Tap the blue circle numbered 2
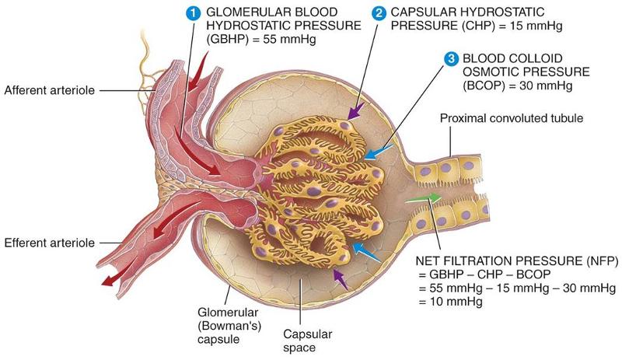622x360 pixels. (x=379, y=12)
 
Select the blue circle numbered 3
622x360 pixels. (x=450, y=58)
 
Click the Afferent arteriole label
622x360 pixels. (x=49, y=91)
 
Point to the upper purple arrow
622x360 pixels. (x=354, y=114)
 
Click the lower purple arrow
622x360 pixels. (x=337, y=277)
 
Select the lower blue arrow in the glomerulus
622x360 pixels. (x=364, y=252)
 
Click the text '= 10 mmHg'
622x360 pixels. (x=450, y=302)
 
